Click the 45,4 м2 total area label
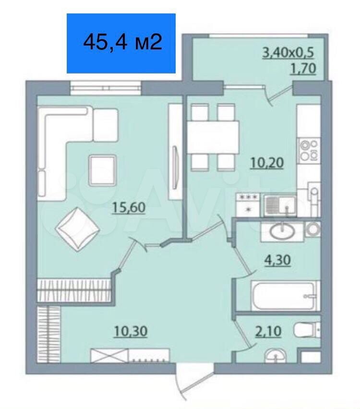point(122,42)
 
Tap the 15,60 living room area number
point(129,207)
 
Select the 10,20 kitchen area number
point(267,163)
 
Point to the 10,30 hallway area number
point(131,331)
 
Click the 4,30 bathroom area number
point(277,260)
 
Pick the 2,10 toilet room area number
point(268,331)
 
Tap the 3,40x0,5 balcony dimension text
point(288,53)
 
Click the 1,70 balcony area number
point(303,69)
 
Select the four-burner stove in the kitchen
point(309,151)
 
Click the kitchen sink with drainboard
point(280,205)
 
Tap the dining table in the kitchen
point(214,137)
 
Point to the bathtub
point(285,296)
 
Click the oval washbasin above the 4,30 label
point(282,231)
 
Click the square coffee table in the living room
point(102,170)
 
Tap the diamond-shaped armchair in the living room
point(77,229)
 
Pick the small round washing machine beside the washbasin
point(313,229)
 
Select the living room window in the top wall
point(106,88)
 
